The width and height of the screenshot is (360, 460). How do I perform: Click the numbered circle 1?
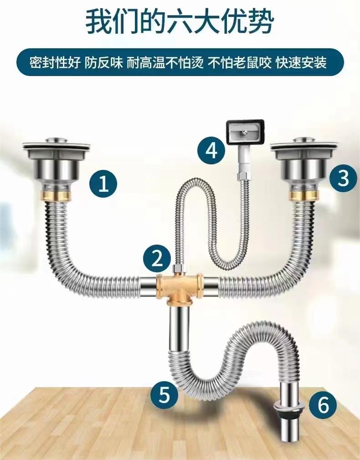[x=103, y=184]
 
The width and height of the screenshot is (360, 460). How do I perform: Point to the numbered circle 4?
[x=211, y=151]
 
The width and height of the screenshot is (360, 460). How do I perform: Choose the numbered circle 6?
[x=323, y=405]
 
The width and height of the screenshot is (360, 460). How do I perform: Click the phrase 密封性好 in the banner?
[x=55, y=63]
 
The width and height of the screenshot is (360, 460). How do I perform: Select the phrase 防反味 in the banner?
[x=103, y=63]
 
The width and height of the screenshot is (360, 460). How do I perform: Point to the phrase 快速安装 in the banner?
[x=301, y=63]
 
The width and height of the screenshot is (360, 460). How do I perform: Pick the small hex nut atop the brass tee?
[x=178, y=268]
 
